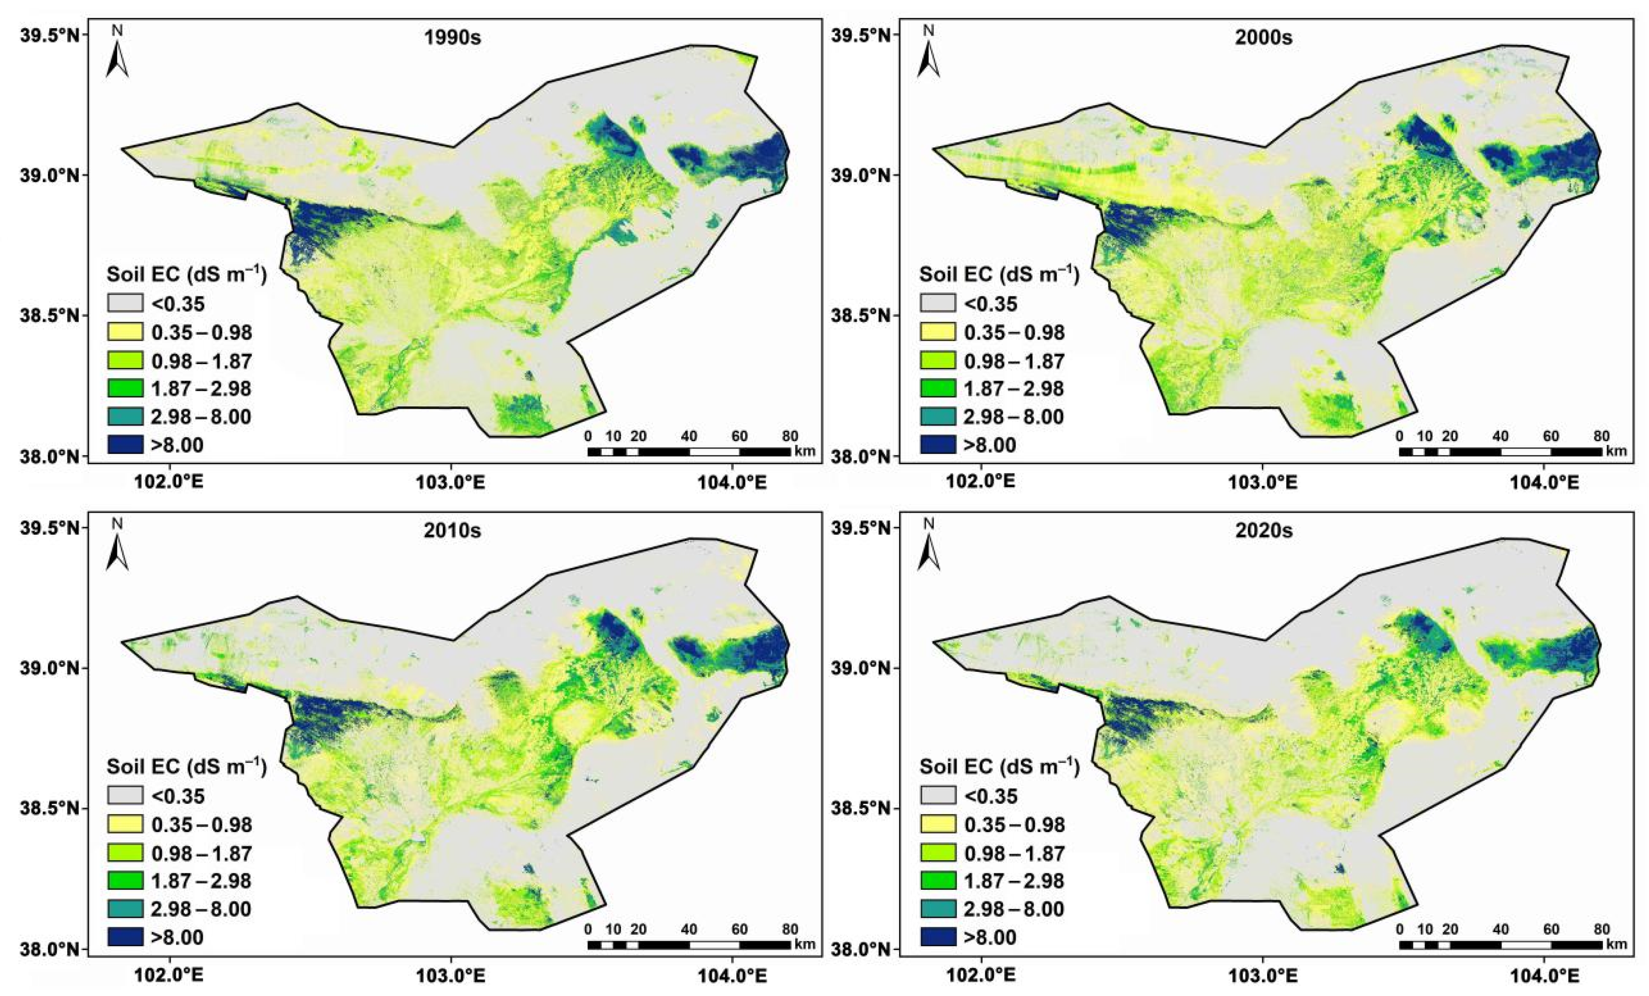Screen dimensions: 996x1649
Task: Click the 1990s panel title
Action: pos(452,38)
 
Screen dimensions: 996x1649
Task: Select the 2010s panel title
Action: pos(452,531)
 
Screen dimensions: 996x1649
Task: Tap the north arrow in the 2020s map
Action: pos(929,547)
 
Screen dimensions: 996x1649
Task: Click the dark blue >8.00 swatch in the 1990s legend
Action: pos(125,444)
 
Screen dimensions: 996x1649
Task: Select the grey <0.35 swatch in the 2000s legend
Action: pos(937,303)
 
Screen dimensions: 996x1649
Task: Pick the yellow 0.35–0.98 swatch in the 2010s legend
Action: pos(125,825)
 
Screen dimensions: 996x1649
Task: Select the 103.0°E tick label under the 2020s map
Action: pos(1263,975)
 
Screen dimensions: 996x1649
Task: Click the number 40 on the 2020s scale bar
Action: pos(1501,929)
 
